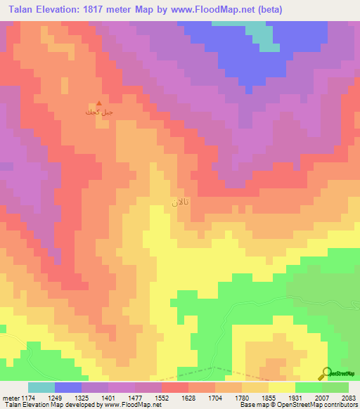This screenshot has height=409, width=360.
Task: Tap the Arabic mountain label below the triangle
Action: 98,112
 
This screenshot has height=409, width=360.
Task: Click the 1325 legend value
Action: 82,398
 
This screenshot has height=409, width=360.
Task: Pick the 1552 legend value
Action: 162,398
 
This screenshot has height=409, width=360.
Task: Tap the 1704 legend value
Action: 215,398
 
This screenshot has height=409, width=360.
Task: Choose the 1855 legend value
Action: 269,398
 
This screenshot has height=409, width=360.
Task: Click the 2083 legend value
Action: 349,398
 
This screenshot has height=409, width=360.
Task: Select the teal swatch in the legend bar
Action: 41,387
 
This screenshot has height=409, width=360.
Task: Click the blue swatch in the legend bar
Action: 67,387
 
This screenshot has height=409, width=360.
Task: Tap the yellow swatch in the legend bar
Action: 281,387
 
